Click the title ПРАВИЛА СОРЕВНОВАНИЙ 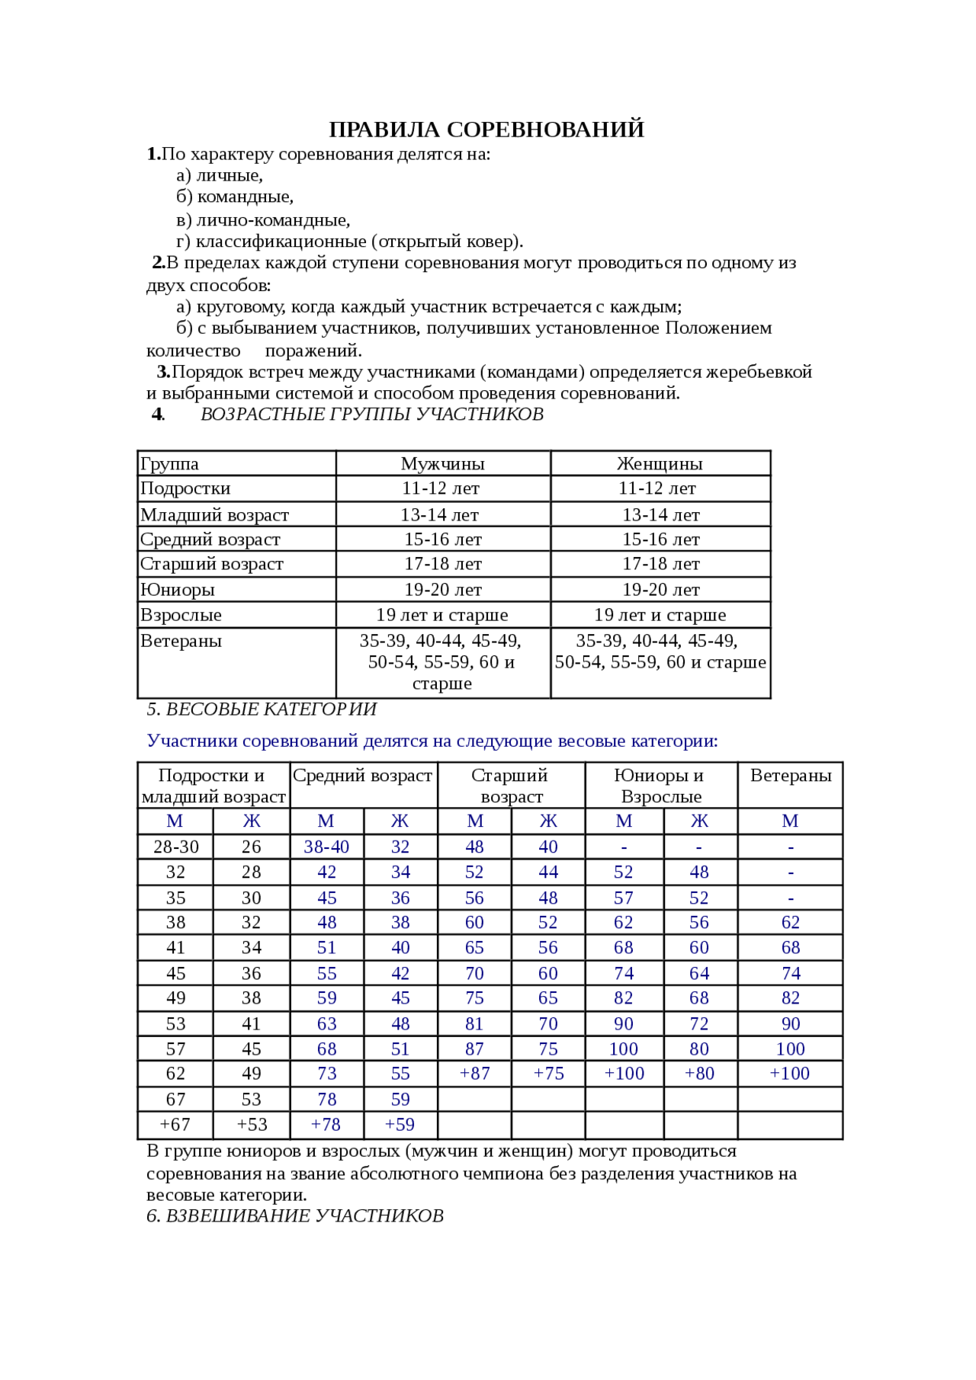click(x=486, y=130)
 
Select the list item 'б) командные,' click(x=235, y=197)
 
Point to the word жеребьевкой click(x=758, y=372)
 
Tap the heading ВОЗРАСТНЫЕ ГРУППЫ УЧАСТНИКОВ click(x=371, y=415)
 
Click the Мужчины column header click(x=442, y=463)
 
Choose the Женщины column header click(x=660, y=463)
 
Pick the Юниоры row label click(x=178, y=590)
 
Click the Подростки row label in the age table click(x=185, y=488)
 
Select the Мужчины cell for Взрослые click(x=442, y=615)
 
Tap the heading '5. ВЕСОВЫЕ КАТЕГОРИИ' click(x=262, y=709)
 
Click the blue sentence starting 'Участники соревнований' click(x=432, y=741)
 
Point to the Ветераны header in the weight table click(x=791, y=776)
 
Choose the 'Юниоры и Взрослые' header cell click(x=660, y=786)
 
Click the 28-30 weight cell click(x=176, y=847)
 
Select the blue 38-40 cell click(x=326, y=847)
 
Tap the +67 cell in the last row click(x=175, y=1125)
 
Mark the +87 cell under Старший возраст click(x=474, y=1074)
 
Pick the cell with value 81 click(x=474, y=1024)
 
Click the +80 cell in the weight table click(x=699, y=1074)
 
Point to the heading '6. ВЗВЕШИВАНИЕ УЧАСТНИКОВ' click(x=295, y=1215)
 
